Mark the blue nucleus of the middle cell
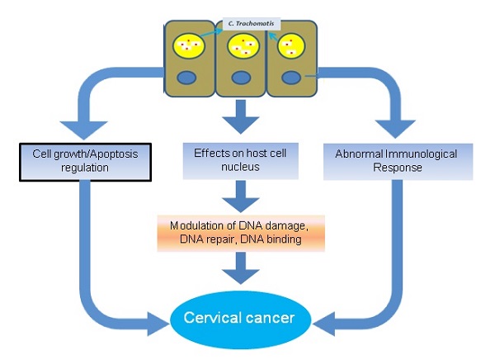(x=241, y=79)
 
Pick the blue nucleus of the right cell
(x=291, y=78)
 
